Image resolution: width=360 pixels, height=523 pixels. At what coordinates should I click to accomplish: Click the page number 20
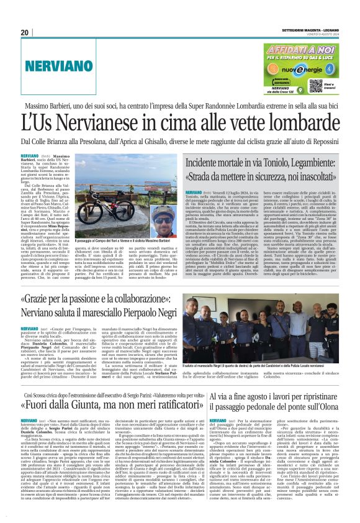tap(25, 32)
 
